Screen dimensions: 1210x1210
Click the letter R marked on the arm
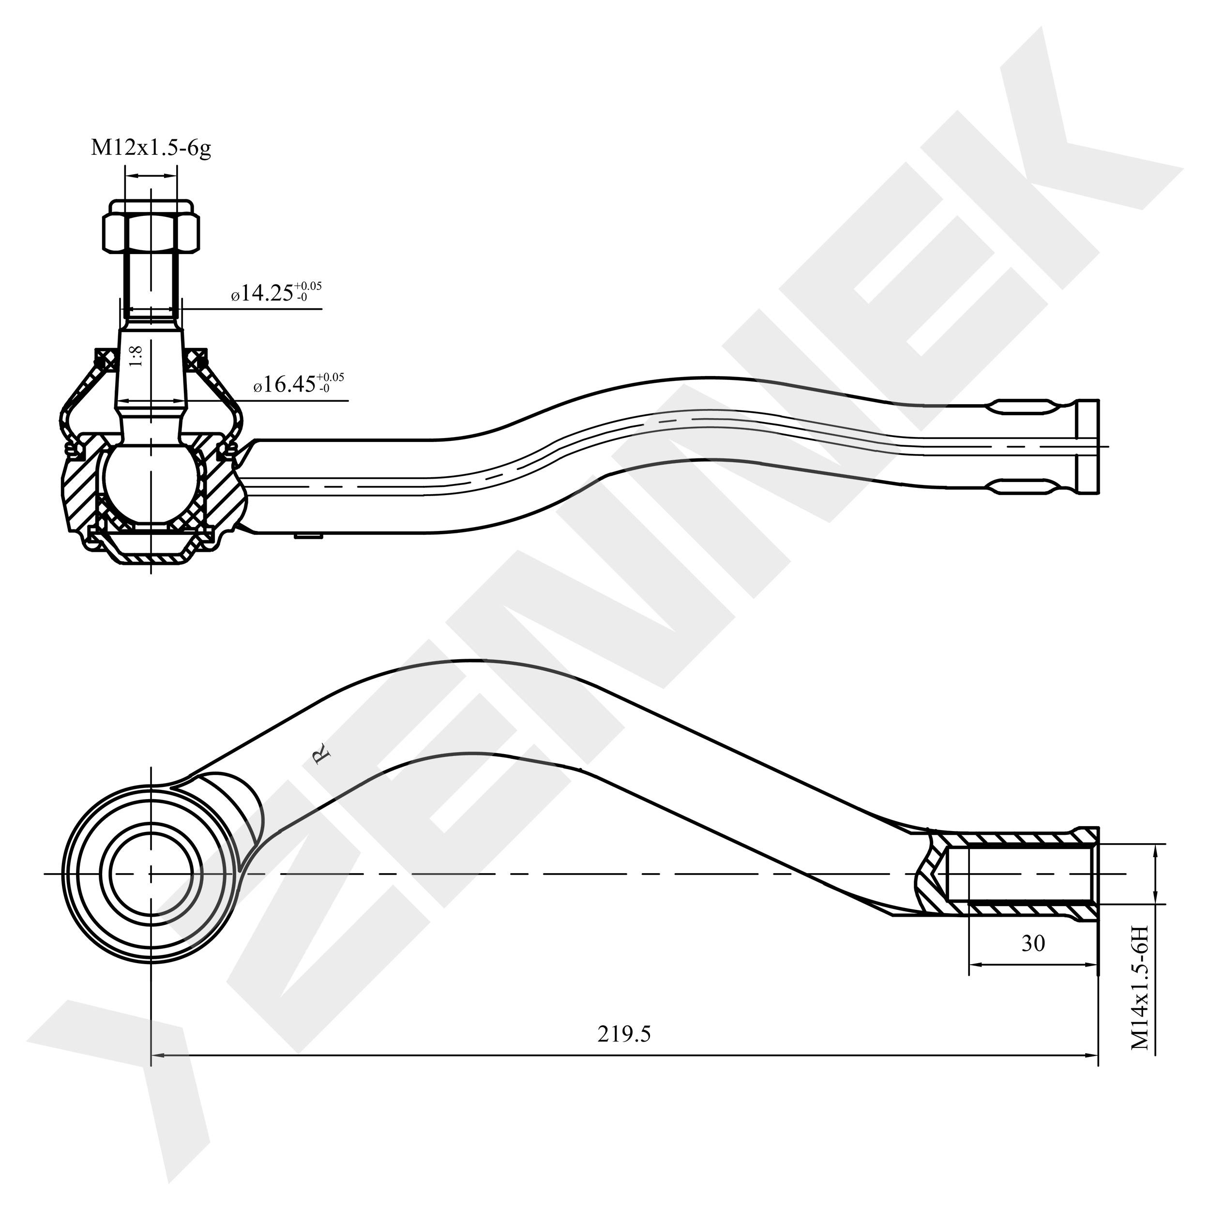321,755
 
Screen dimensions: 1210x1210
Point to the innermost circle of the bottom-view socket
151,874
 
